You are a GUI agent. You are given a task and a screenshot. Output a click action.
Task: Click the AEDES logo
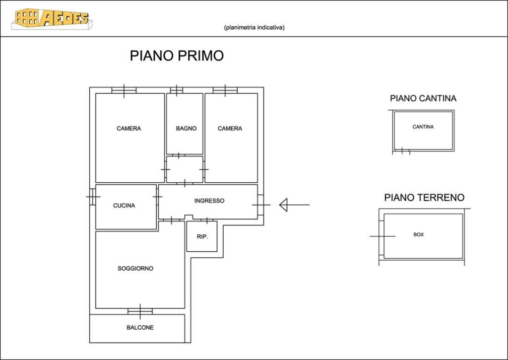[52, 19]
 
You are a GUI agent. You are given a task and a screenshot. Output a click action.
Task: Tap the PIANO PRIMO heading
[177, 56]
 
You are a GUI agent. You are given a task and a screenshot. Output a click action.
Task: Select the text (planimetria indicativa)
[254, 28]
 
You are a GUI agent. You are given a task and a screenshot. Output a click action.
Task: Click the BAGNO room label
[186, 129]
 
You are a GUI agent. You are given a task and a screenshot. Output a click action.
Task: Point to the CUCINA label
[124, 206]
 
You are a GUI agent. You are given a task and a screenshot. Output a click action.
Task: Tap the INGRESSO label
[209, 201]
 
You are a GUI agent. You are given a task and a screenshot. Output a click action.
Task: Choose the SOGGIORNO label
[135, 269]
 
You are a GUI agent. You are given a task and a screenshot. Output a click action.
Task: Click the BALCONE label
[140, 328]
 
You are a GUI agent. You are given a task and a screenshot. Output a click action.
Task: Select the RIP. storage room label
[202, 237]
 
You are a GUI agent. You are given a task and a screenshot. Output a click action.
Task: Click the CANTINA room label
[423, 127]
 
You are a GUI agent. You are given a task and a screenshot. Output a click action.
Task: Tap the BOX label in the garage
[419, 234]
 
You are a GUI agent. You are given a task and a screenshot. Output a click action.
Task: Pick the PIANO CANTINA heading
[423, 98]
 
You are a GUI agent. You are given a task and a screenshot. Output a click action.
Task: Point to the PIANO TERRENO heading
[425, 198]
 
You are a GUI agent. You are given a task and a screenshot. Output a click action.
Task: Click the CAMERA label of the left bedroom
[128, 129]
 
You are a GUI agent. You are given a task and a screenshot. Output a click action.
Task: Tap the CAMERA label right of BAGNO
[230, 129]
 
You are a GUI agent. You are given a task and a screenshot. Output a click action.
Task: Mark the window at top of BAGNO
[177, 90]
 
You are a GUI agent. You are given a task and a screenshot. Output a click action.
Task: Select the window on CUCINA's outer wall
[93, 197]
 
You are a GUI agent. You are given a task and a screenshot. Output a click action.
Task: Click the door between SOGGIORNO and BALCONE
[140, 311]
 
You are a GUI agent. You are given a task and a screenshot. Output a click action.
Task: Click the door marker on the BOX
[382, 236]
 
